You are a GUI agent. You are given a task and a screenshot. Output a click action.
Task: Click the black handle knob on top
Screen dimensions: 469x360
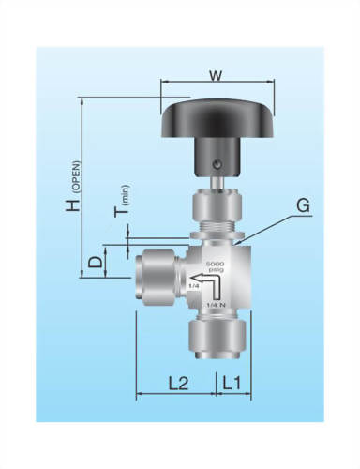(x=217, y=117)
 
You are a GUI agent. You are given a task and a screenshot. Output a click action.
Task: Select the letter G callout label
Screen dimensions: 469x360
(x=301, y=204)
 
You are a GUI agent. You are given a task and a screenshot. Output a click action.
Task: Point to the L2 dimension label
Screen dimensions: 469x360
(x=178, y=383)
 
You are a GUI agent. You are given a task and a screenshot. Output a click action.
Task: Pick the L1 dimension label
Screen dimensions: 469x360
(x=233, y=383)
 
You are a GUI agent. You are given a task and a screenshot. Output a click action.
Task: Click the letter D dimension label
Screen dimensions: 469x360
(x=96, y=261)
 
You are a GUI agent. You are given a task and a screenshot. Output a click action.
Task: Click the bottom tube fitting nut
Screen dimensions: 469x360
(x=217, y=338)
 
